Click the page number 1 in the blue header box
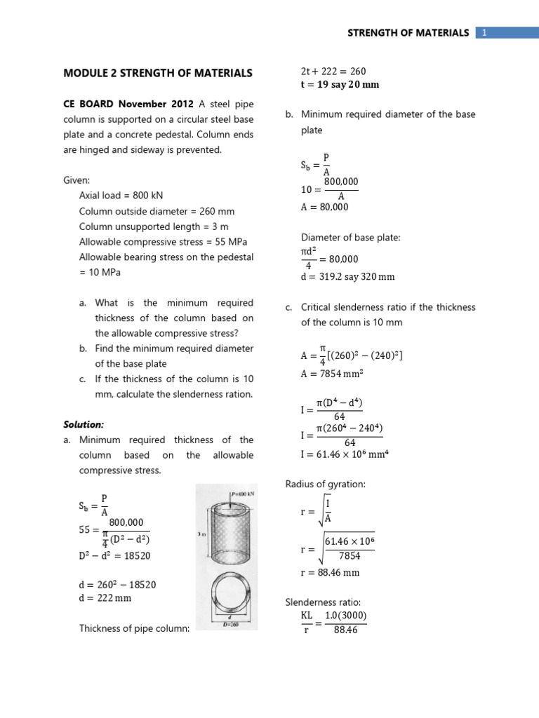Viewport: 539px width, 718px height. coord(484,33)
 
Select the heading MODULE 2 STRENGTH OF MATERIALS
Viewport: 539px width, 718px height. coord(158,73)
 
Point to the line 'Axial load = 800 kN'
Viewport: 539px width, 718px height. coord(121,196)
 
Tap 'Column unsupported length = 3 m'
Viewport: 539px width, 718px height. coord(154,226)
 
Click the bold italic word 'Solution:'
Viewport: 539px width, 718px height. coord(84,425)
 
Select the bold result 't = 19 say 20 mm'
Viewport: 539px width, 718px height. coord(340,85)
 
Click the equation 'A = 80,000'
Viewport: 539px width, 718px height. coord(324,207)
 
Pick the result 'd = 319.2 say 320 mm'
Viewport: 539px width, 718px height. coord(348,276)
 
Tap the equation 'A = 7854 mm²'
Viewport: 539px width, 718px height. coord(332,373)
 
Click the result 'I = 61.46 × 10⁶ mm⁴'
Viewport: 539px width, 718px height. coord(345,455)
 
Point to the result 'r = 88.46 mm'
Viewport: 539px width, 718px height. coord(330,573)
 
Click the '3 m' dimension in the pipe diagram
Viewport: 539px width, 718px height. coord(203,534)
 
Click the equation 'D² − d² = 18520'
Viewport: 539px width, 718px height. coord(114,555)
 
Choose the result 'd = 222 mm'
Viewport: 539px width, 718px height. coord(105,598)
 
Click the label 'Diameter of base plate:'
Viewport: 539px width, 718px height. coord(350,238)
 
